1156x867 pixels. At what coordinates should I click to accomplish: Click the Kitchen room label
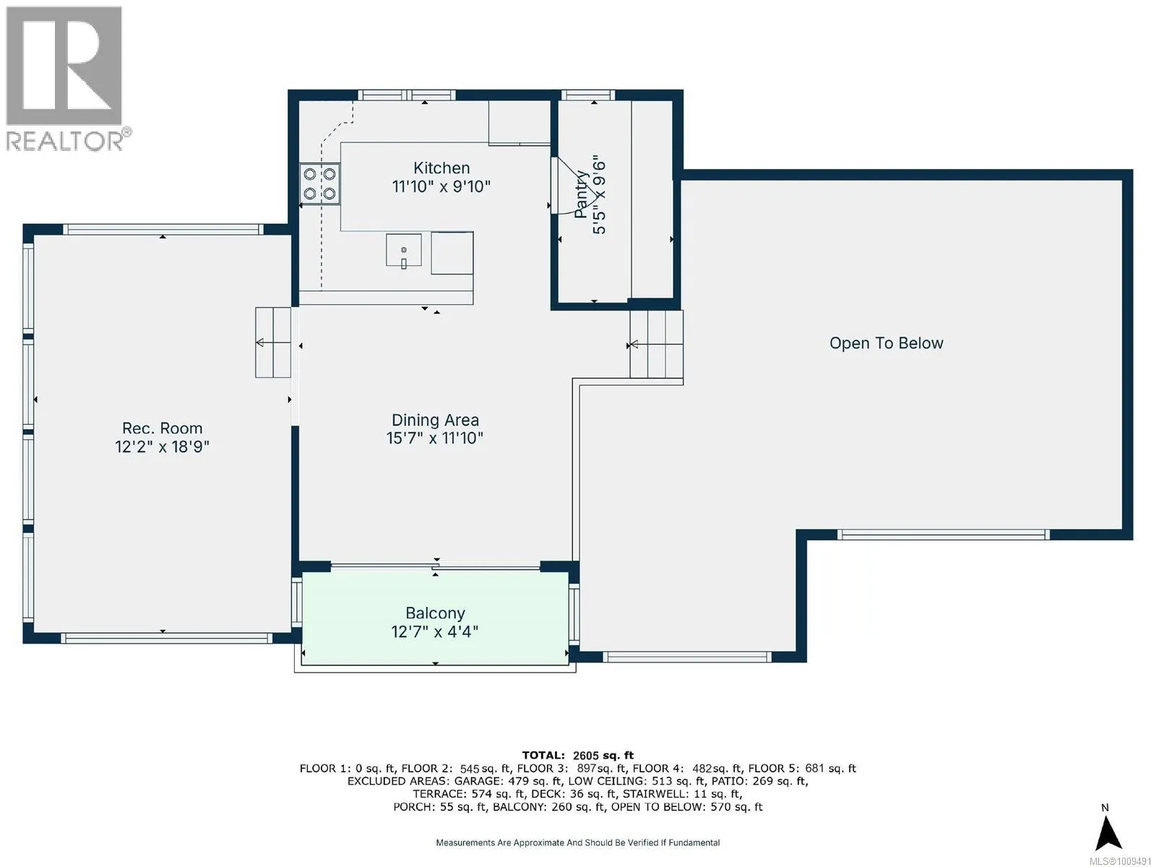[441, 168]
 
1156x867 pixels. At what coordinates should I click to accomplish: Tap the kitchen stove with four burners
[319, 184]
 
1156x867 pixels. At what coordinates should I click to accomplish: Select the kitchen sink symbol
[403, 251]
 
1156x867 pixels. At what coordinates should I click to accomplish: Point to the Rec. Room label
[163, 428]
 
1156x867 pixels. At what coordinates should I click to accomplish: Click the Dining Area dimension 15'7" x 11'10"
[434, 438]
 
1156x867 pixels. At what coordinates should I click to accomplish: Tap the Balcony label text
[435, 613]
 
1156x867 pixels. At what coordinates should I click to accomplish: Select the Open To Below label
[887, 343]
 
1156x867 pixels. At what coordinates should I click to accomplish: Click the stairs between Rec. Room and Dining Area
[273, 342]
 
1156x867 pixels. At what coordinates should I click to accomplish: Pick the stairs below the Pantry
[657, 345]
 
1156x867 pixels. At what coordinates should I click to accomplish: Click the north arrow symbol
[1108, 833]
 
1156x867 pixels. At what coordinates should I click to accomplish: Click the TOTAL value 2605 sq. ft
[603, 756]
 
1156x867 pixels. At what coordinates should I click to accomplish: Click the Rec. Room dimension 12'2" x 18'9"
[163, 447]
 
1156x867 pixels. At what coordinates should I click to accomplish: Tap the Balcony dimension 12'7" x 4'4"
[434, 631]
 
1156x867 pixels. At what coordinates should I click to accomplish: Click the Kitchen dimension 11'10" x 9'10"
[441, 186]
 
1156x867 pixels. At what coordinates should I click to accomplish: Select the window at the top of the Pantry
[587, 95]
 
